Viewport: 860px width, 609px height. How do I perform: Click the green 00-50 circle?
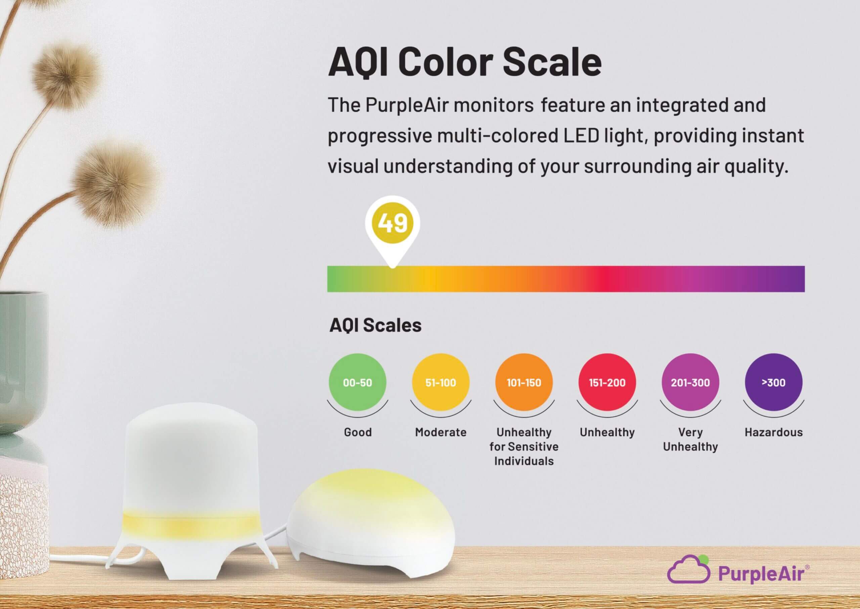(x=357, y=382)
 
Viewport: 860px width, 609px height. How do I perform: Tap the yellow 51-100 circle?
(x=441, y=382)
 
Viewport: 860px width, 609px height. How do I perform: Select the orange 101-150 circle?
(x=524, y=382)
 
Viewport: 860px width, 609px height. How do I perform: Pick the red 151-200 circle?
(x=607, y=382)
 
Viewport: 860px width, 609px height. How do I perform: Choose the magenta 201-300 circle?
(x=690, y=382)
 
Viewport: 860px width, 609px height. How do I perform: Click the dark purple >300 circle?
(x=773, y=382)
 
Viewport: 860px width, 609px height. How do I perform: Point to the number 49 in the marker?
(x=392, y=223)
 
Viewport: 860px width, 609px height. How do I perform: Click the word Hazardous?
(x=773, y=432)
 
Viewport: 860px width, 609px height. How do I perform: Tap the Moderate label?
(x=441, y=432)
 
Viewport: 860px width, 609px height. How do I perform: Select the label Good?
(x=358, y=432)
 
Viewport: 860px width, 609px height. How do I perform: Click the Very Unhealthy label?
(x=690, y=440)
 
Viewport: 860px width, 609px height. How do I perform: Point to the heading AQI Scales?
(x=375, y=325)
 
